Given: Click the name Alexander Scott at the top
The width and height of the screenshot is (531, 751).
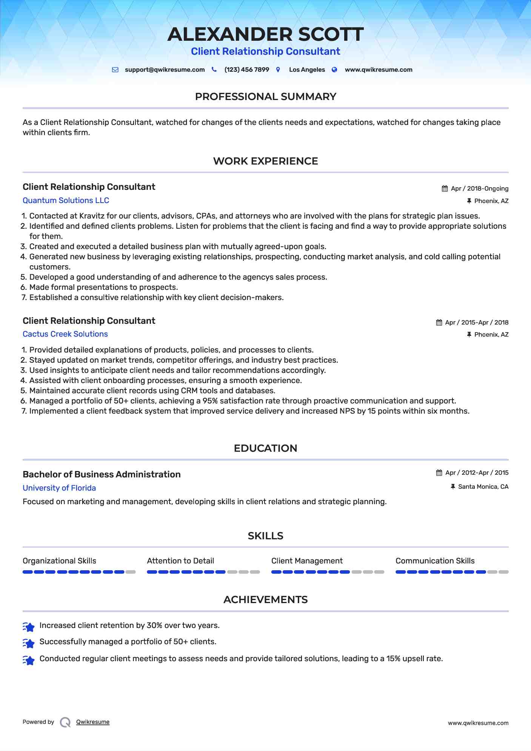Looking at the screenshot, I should pos(265,34).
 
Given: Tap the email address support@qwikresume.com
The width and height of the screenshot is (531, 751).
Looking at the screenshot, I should pos(165,70).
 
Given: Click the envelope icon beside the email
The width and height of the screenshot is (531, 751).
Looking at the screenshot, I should pos(115,70).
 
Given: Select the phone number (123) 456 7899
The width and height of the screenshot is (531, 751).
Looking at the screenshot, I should pos(246,70).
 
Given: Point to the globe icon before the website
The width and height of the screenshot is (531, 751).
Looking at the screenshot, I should pos(334,70).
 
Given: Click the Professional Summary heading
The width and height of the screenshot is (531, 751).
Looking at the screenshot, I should pos(265,97).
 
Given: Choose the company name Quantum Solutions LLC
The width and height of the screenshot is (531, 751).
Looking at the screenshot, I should pos(66,200).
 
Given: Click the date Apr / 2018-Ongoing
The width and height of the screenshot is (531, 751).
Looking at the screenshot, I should pos(479,189).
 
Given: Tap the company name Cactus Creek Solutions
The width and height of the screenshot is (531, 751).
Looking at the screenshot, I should pos(65,334).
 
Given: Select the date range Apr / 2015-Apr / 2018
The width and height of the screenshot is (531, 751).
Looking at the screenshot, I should pos(477,323).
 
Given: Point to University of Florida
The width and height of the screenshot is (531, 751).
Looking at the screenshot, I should pos(59,488).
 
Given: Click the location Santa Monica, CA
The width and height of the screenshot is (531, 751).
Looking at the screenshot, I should pos(483,487).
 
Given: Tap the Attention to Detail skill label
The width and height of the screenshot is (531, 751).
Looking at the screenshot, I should pos(180,561).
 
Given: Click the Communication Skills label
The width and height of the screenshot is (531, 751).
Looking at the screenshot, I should pos(435,561).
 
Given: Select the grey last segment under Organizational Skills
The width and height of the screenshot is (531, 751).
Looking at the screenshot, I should pos(131,572).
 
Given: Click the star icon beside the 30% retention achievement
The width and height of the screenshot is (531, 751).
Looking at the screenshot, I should pos(29,626).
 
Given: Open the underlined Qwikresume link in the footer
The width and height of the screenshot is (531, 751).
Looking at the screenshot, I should pos(93,722).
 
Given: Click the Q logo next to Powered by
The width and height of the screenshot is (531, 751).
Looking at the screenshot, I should pos(65,722).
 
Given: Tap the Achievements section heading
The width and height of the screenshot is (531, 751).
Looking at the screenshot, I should pos(265,600).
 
